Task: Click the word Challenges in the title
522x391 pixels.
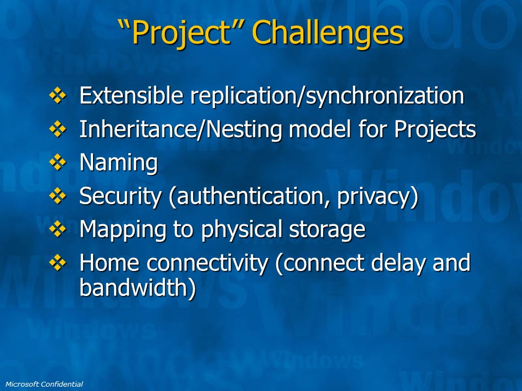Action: click(327, 33)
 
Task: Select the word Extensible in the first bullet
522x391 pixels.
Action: click(131, 96)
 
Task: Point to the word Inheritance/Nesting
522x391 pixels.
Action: click(182, 130)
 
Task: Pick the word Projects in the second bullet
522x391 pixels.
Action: click(435, 130)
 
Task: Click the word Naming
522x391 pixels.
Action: click(119, 163)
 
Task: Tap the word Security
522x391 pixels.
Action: click(121, 196)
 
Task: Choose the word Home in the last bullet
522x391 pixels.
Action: click(109, 263)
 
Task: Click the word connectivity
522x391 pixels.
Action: click(207, 263)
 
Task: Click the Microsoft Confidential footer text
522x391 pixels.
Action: click(44, 384)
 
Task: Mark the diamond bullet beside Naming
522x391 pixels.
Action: click(58, 162)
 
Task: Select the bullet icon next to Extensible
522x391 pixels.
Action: click(58, 96)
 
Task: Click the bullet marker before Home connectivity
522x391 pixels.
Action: click(58, 262)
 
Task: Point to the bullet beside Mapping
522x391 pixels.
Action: click(58, 229)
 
